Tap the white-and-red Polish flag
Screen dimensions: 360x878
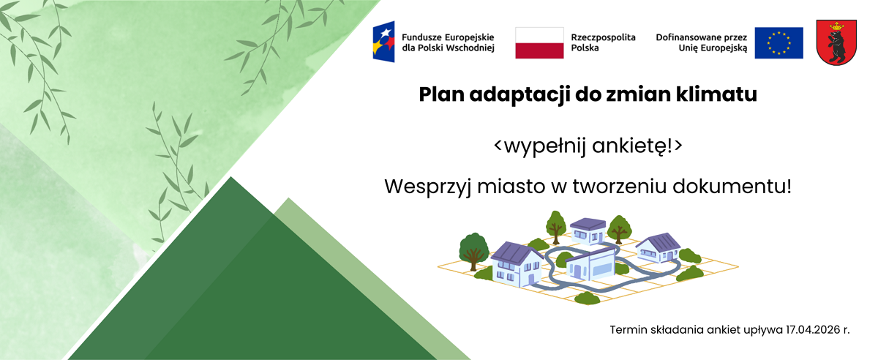pyautogui.click(x=539, y=42)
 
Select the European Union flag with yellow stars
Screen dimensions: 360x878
pyautogui.click(x=778, y=42)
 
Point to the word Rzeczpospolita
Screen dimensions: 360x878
pyautogui.click(x=603, y=37)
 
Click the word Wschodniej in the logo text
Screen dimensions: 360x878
pyautogui.click(x=469, y=48)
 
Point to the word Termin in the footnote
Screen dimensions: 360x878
pyautogui.click(x=626, y=330)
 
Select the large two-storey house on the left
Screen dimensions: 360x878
pyautogui.click(x=518, y=264)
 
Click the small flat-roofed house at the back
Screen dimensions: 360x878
pyautogui.click(x=588, y=230)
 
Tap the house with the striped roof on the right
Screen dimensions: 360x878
pyautogui.click(x=659, y=247)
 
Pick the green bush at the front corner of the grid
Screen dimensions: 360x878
pyautogui.click(x=588, y=298)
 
